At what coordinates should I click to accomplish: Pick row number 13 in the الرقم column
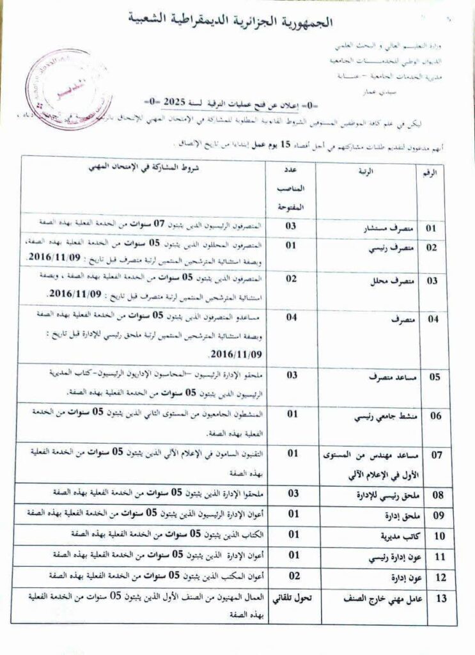pos(439,599)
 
